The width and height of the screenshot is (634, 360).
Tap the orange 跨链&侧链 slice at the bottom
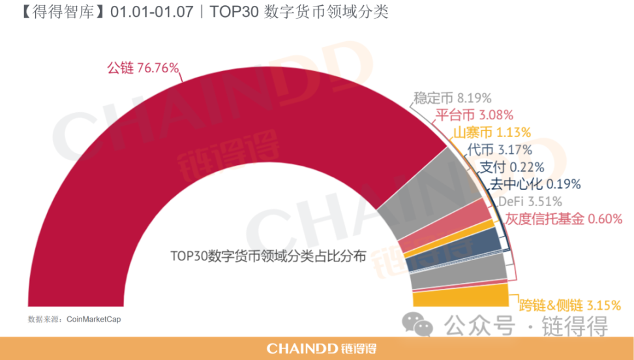pyautogui.click(x=460, y=298)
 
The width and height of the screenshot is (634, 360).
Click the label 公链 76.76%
pyautogui.click(x=142, y=67)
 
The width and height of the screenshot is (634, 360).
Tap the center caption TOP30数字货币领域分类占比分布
pyautogui.click(x=268, y=256)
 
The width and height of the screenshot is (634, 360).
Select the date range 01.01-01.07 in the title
pyautogui.click(x=152, y=12)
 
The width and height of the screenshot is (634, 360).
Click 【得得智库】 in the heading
pyautogui.click(x=60, y=12)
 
